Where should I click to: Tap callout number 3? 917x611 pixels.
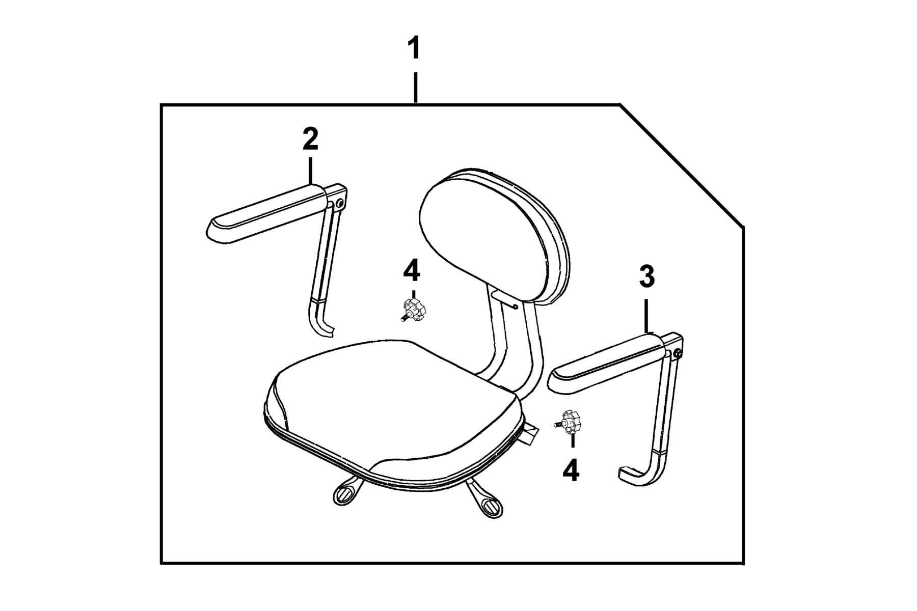(646, 277)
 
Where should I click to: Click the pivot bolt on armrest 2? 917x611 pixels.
(340, 203)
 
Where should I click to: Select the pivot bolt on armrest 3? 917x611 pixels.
(677, 353)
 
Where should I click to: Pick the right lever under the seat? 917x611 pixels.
(484, 502)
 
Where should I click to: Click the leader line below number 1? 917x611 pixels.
(416, 88)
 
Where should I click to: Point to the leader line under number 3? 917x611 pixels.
(646, 315)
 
